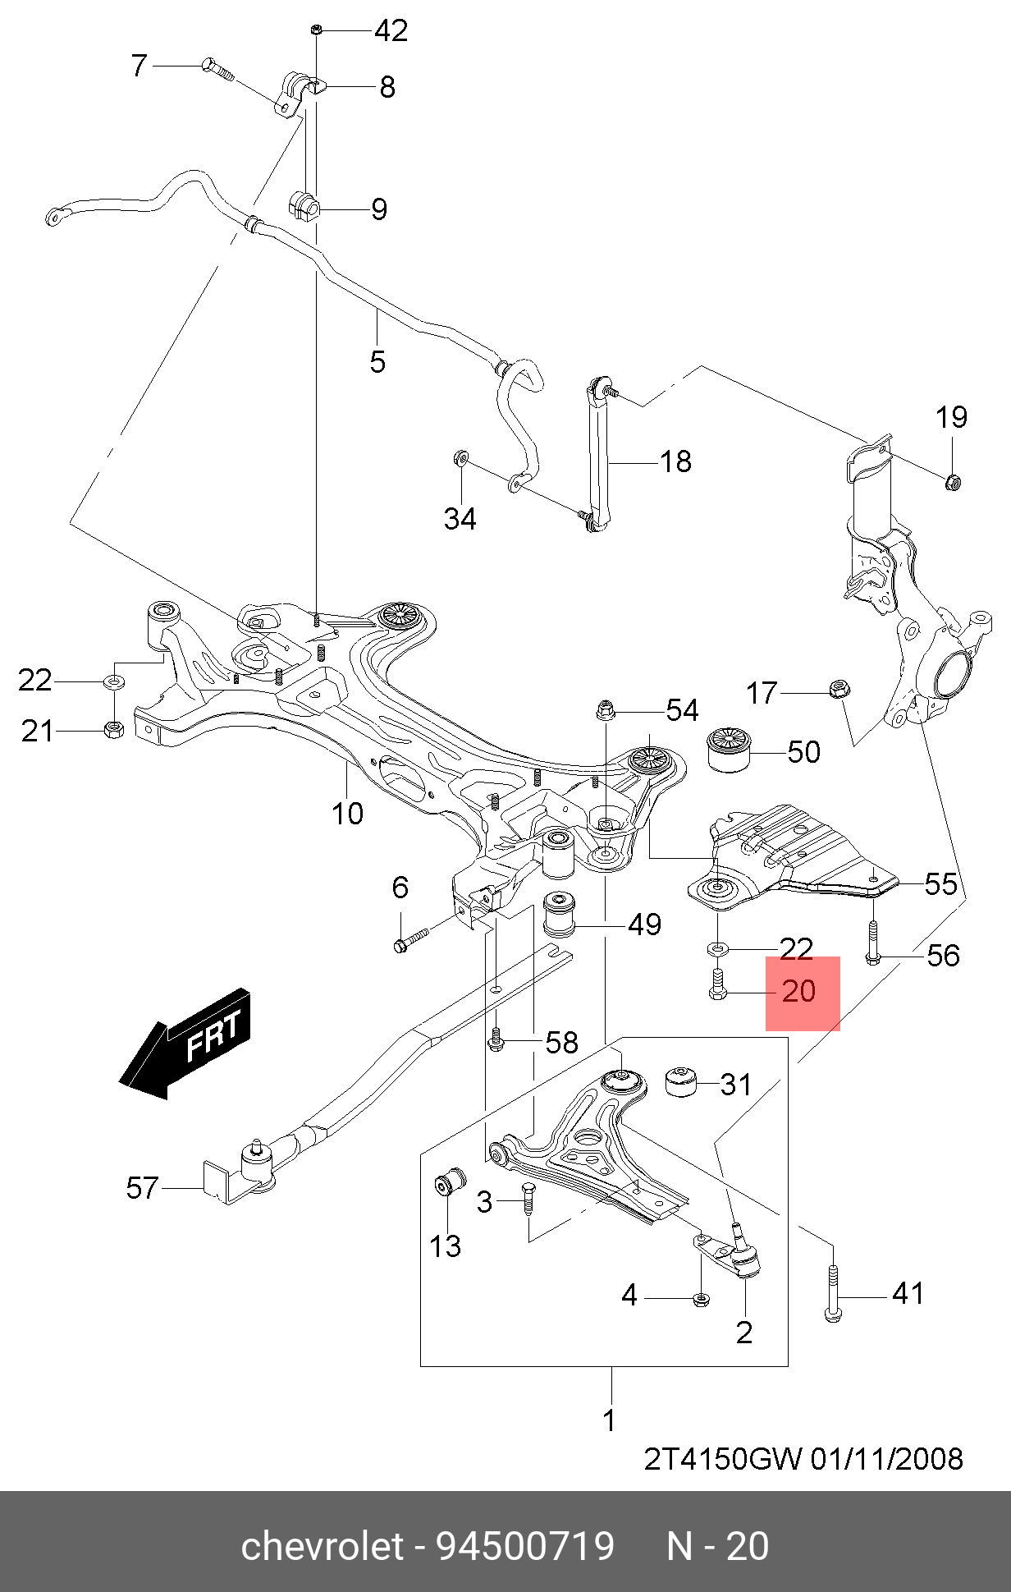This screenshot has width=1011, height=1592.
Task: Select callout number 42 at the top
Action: (x=391, y=30)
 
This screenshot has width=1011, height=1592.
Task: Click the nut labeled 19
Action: (x=953, y=482)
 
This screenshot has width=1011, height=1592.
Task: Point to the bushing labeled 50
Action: (x=730, y=749)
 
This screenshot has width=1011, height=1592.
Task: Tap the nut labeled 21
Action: (x=114, y=729)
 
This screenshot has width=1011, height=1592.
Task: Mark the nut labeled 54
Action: (x=605, y=709)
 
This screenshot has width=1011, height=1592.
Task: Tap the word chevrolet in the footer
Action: (x=323, y=1547)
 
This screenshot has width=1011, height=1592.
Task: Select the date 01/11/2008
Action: (x=887, y=1459)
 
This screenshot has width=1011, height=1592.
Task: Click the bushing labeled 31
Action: (x=680, y=1082)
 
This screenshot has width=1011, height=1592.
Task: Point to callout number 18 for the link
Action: (x=675, y=462)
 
